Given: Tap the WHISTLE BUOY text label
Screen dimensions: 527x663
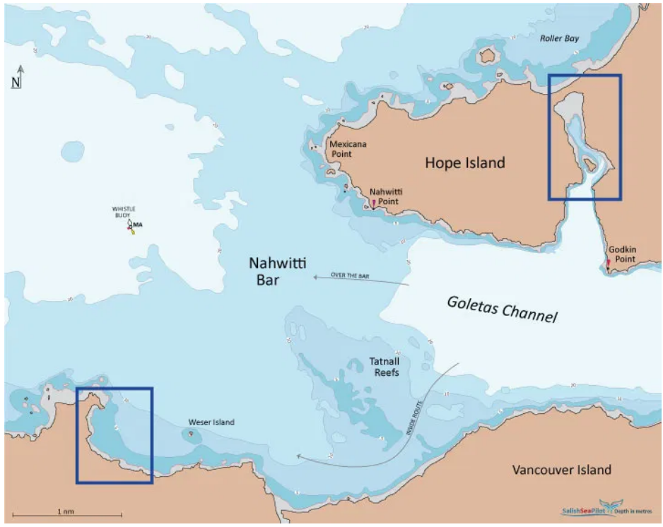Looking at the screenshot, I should (x=124, y=211).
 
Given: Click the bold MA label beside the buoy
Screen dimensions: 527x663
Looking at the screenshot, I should (x=138, y=224).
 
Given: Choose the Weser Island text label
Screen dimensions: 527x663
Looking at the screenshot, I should (x=211, y=422).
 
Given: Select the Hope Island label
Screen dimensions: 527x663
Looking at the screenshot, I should (x=464, y=163).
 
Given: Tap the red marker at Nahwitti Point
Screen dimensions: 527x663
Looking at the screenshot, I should (x=373, y=203).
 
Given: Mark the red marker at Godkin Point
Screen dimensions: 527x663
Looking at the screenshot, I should (x=607, y=263).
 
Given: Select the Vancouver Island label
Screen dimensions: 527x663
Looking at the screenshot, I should (x=562, y=470).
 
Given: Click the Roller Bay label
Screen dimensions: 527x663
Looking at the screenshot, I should (x=560, y=38).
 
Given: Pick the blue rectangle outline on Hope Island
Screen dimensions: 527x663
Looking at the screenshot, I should (x=585, y=76).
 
